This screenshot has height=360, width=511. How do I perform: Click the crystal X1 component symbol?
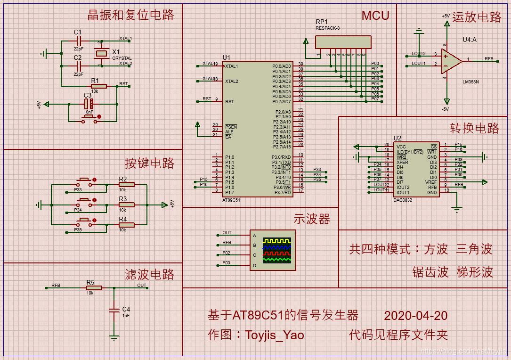[101, 53]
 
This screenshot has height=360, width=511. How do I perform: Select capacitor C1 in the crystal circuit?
[78, 41]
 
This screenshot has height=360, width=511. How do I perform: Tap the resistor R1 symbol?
[98, 86]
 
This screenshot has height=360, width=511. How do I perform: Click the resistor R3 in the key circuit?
[126, 205]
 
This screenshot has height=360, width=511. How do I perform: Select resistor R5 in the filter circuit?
[93, 288]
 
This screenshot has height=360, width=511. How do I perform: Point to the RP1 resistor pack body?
[342, 41]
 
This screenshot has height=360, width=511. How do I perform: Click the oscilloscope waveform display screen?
[277, 250]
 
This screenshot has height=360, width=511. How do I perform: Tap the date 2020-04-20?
[415, 315]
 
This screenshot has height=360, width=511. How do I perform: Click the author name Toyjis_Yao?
[274, 335]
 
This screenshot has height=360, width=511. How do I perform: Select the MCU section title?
[375, 16]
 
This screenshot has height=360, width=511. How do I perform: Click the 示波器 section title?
[312, 219]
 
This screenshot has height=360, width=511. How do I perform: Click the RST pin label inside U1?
[229, 101]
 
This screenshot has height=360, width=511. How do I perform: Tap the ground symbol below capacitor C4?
[114, 337]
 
